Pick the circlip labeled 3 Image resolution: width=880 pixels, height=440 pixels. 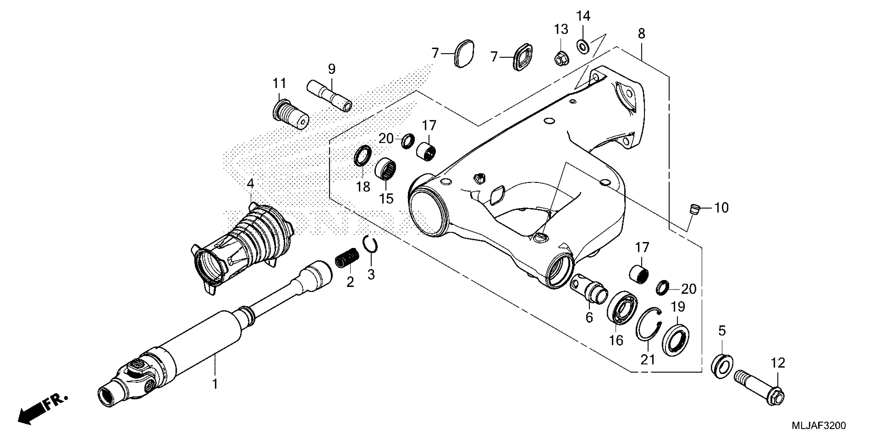point(370,250)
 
